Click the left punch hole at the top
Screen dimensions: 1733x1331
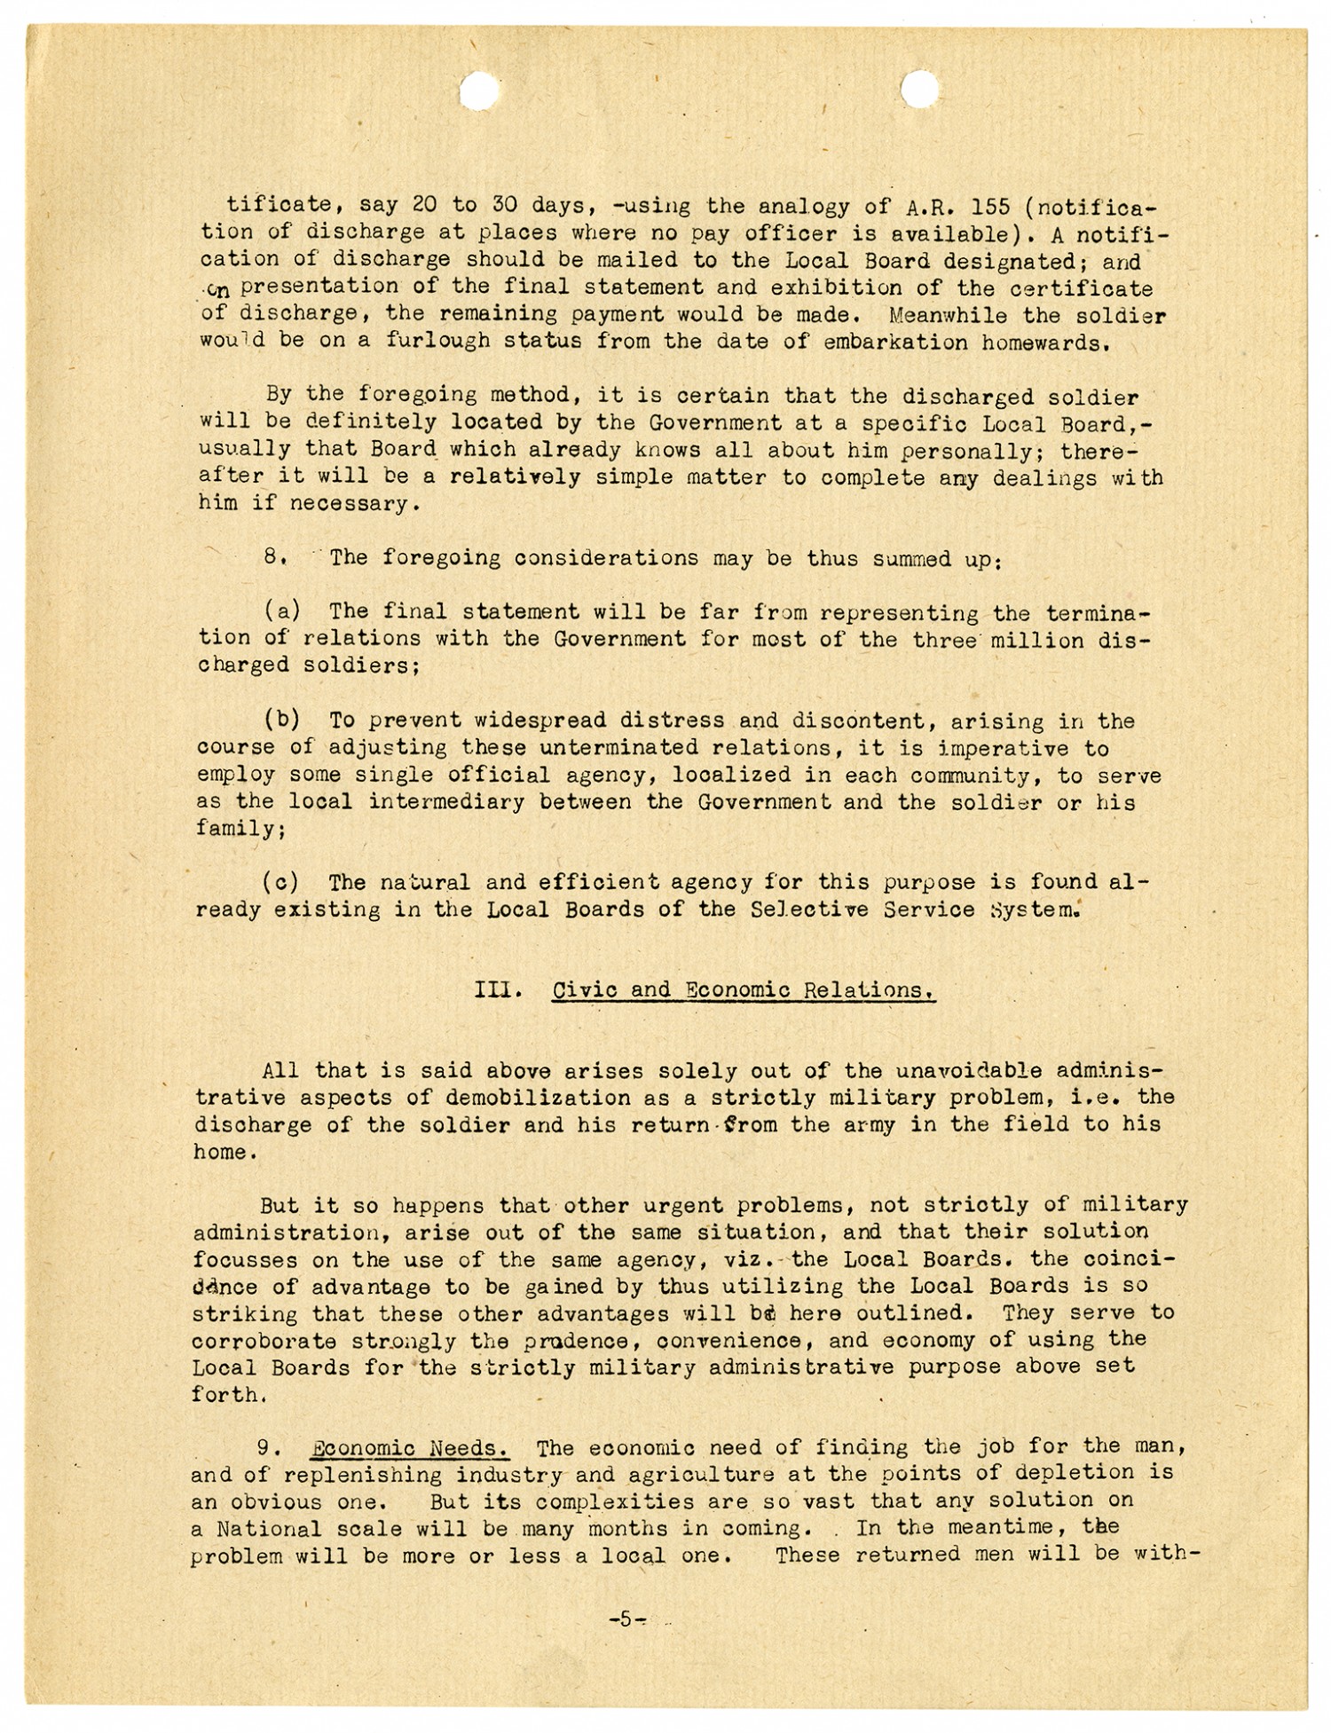[480, 90]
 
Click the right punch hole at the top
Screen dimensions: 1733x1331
[919, 90]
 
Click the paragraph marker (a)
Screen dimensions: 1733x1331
[281, 611]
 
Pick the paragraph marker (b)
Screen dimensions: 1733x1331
[281, 720]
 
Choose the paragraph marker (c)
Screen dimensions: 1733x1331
[281, 882]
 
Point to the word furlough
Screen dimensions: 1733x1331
[438, 342]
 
